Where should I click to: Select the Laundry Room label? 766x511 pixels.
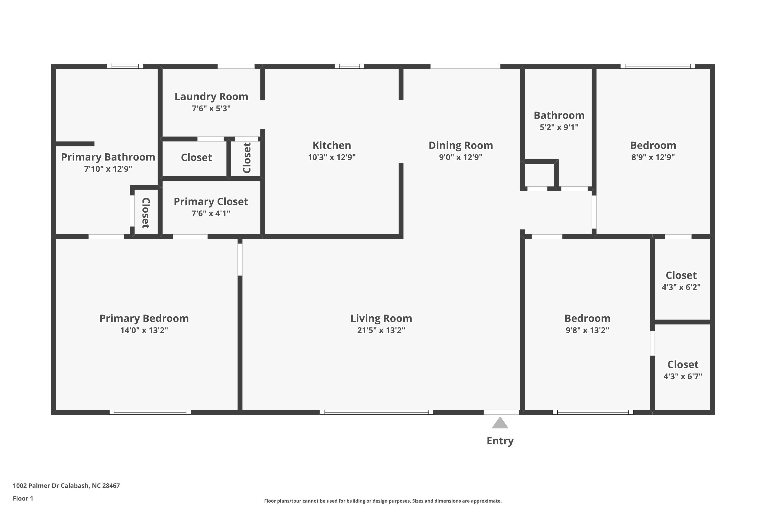click(211, 97)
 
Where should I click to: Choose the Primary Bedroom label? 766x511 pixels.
click(144, 318)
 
